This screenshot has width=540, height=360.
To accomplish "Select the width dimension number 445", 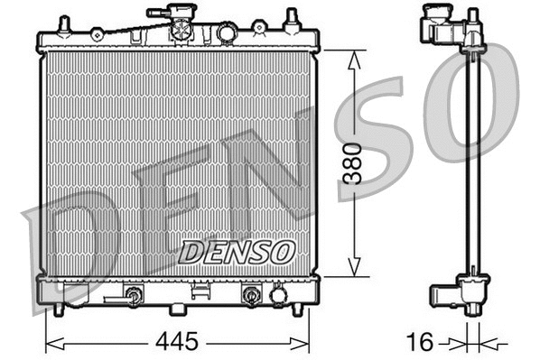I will [x=177, y=342].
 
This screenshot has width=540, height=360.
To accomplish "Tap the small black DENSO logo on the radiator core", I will [x=237, y=252].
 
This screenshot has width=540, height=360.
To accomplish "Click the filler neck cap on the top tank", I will [x=177, y=23].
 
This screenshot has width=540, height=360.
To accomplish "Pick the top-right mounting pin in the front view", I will [x=292, y=19].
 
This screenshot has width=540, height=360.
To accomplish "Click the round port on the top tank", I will [x=227, y=33].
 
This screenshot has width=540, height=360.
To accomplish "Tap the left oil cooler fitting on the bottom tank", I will [x=134, y=295].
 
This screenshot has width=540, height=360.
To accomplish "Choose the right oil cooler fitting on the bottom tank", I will [x=250, y=295].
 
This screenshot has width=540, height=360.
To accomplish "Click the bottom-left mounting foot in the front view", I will [x=60, y=309].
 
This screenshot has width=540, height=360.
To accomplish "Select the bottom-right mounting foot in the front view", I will [x=297, y=309].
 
